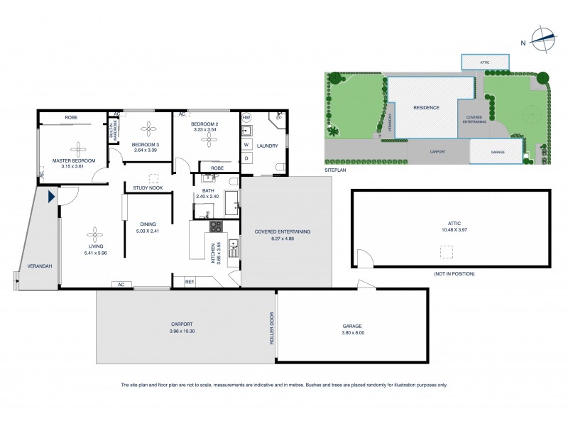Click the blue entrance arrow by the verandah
[x=52, y=197]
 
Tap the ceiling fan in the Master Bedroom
[x=77, y=148]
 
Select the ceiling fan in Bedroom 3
[x=148, y=128]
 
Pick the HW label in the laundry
[x=246, y=117]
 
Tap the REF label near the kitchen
[x=189, y=282]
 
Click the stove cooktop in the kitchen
[x=216, y=226]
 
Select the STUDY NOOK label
[x=148, y=187]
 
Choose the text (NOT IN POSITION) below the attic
[x=454, y=273]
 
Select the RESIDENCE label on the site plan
[x=427, y=108]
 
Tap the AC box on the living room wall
[x=121, y=284]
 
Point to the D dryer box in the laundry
[x=246, y=158]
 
